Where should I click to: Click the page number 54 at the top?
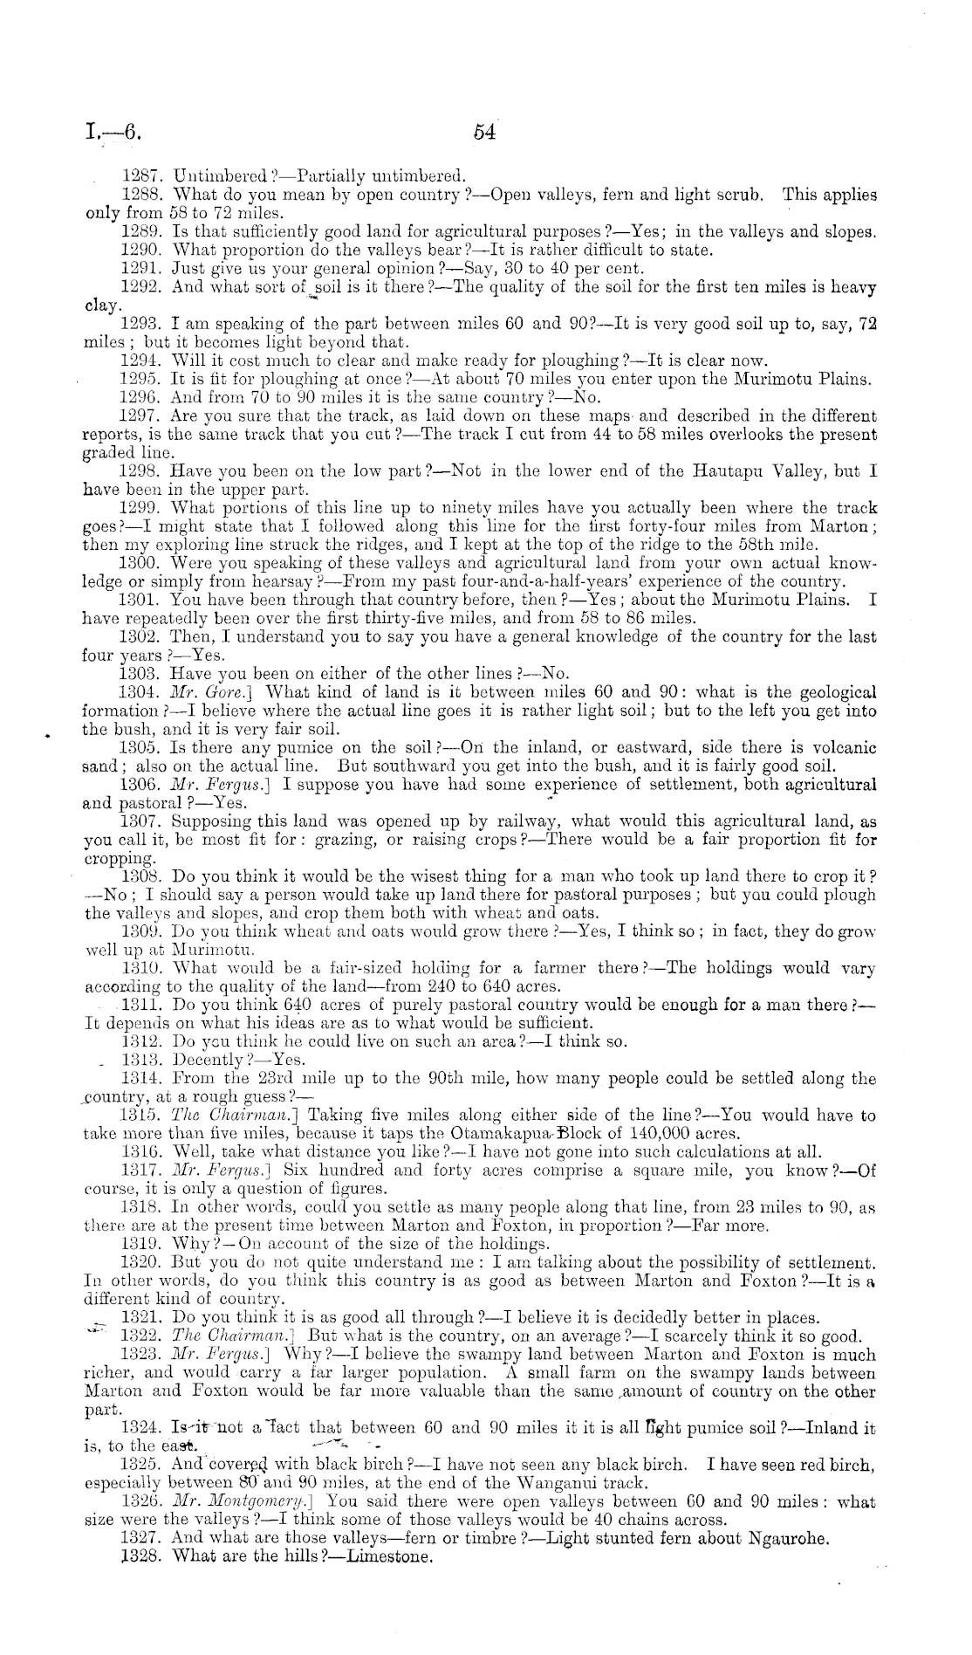coord(484,132)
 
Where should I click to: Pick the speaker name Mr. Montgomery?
coord(244,1501)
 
